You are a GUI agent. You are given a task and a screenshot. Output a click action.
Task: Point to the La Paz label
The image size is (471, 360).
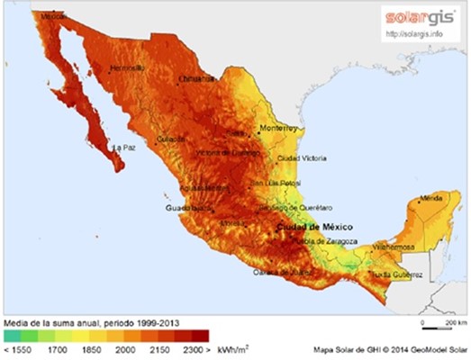122,147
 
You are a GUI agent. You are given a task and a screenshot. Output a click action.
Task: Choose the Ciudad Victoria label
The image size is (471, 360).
300,157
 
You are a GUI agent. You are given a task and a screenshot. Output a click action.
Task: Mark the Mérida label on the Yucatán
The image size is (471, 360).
432,196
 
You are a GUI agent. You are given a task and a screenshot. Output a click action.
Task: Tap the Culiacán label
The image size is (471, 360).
171,139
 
